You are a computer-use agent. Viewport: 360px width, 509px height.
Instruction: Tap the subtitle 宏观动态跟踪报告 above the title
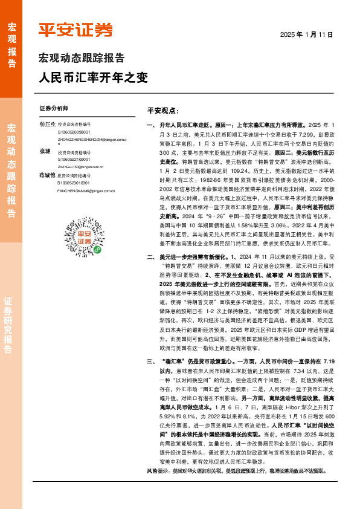[x=82, y=59]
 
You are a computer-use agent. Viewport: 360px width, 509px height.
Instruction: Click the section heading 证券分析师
[x=54, y=109]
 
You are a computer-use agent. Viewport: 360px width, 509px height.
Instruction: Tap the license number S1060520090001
[x=74, y=131]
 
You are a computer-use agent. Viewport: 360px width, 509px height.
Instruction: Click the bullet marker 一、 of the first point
[x=151, y=124]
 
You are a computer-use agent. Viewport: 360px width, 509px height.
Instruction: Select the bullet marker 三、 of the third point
[x=151, y=378]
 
